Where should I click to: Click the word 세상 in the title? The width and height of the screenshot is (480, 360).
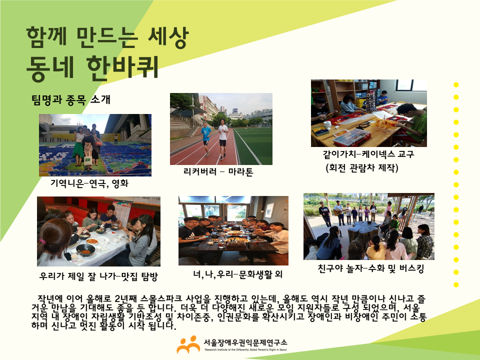(x=168, y=37)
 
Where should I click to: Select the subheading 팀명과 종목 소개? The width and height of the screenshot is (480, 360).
(x=70, y=100)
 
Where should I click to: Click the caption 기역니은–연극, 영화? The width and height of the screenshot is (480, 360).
(x=89, y=183)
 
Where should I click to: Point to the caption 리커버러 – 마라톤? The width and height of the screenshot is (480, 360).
(x=218, y=171)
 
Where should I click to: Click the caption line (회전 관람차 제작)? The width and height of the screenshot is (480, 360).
(x=362, y=168)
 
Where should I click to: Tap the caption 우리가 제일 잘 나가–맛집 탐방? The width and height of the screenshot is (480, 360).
(x=98, y=276)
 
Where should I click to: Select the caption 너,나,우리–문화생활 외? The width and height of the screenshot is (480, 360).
(x=237, y=274)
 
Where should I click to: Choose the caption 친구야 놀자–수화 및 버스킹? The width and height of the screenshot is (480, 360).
(x=370, y=269)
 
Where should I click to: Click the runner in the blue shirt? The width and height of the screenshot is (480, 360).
(x=206, y=138)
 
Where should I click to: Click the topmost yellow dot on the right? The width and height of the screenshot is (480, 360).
(x=456, y=85)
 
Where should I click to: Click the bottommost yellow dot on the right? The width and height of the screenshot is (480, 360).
(x=456, y=284)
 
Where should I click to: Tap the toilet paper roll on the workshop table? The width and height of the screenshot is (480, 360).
(x=327, y=124)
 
